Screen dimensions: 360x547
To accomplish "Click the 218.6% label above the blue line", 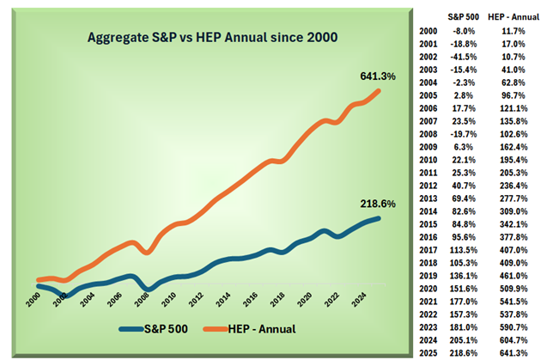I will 377,204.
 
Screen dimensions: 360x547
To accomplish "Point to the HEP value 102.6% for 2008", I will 514,135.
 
